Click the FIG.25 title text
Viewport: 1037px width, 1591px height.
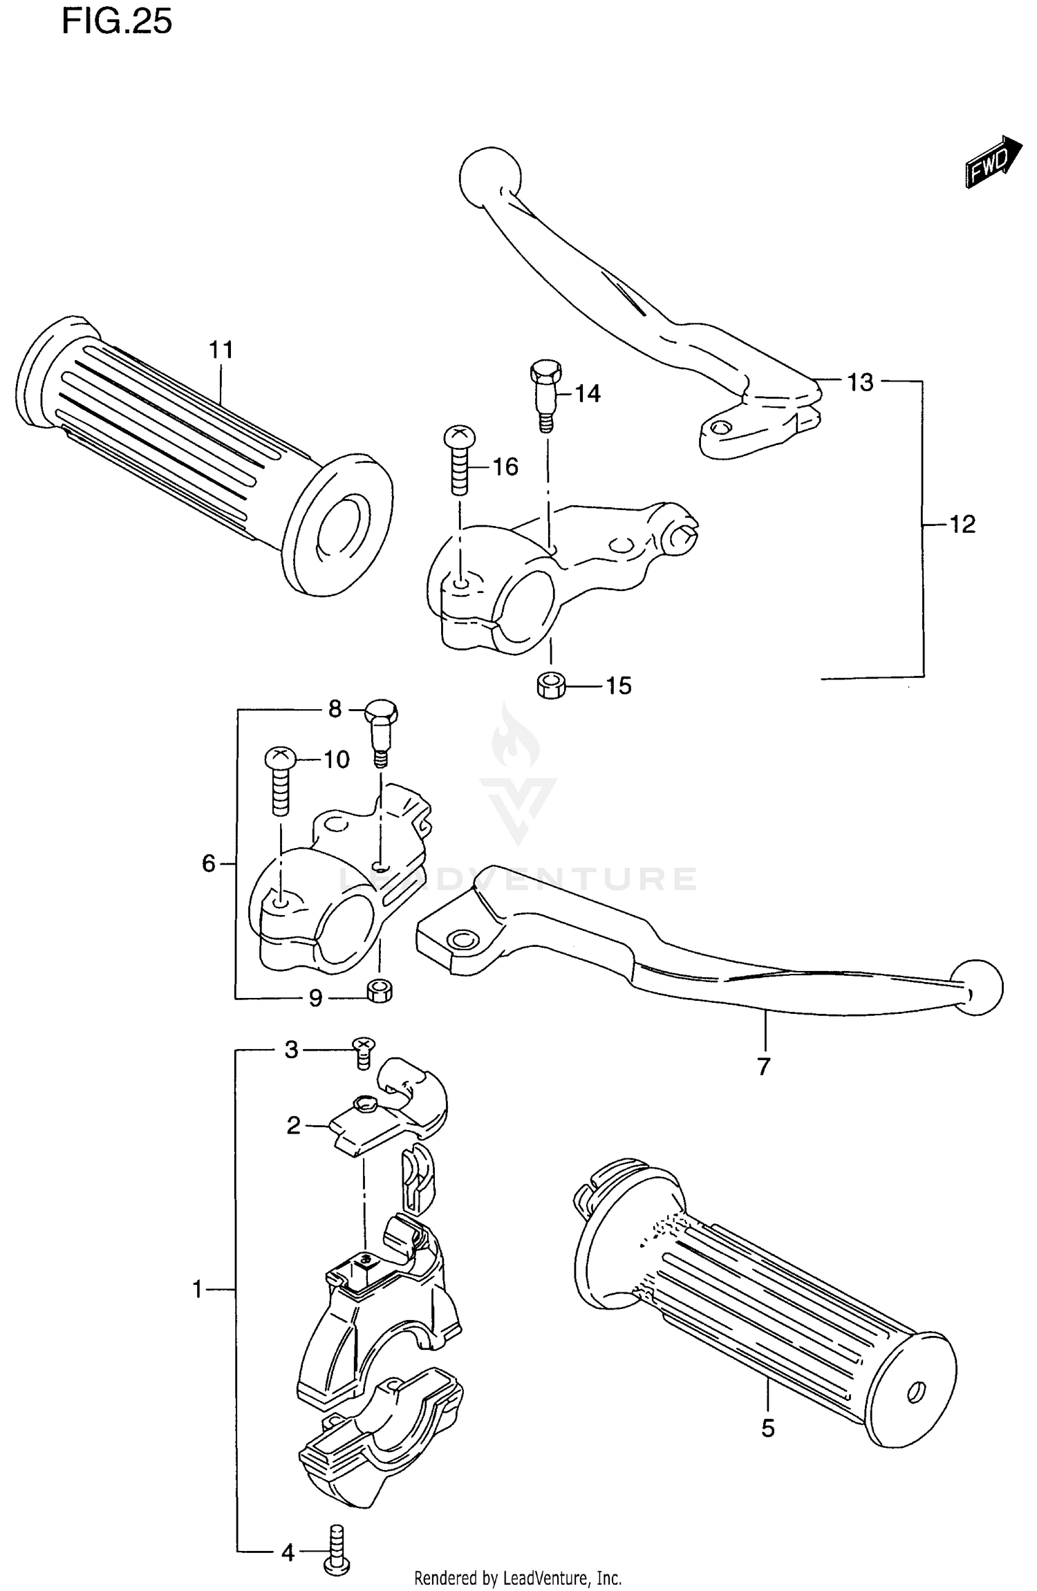click(117, 22)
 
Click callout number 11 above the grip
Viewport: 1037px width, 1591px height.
click(221, 350)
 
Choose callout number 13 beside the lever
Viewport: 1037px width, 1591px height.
click(861, 382)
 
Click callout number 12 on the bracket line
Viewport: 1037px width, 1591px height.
click(962, 525)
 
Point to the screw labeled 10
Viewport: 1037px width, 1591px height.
click(280, 781)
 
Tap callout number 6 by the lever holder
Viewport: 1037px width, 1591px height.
click(208, 863)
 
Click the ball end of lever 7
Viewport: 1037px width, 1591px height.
click(977, 987)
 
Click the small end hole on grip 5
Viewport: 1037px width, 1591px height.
click(917, 1391)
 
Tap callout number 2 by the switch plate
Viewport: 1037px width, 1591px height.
click(294, 1126)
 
